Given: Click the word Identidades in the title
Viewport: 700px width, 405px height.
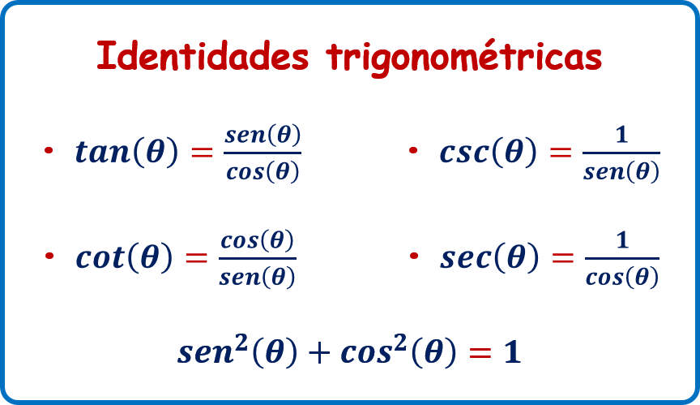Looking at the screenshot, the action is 203,55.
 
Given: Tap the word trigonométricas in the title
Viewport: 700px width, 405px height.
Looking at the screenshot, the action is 464,57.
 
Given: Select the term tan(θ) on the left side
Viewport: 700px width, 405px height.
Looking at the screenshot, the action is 126,152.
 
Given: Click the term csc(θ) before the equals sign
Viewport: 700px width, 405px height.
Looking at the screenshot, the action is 488,152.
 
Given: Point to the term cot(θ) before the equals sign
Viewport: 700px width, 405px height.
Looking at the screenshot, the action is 124,257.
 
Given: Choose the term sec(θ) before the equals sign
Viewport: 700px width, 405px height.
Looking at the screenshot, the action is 489,257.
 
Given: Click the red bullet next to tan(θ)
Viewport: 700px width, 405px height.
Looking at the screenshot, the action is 49,150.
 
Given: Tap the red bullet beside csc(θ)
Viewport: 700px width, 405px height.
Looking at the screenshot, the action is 413,150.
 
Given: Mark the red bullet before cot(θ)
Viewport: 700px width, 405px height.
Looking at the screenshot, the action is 49,256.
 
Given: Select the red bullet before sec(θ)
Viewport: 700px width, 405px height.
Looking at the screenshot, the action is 414,256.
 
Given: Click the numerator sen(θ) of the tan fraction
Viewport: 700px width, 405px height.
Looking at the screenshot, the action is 262,135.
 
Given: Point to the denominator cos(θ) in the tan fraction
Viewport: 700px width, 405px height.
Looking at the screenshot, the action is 262,171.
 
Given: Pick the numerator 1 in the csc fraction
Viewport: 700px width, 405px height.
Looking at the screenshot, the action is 621,134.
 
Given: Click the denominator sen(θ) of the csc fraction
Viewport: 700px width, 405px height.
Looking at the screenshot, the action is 621,171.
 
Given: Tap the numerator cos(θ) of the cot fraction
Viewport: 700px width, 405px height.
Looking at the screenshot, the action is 257,240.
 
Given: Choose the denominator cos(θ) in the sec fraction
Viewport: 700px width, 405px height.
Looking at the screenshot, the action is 622,277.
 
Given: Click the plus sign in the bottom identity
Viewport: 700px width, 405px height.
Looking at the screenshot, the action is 319,353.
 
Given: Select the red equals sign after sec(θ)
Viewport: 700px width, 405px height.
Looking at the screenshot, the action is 562,257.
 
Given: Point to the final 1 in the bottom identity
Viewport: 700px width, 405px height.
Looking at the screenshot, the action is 513,352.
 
